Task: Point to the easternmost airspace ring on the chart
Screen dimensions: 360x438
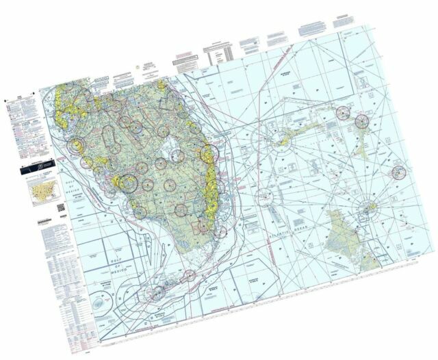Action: pyautogui.click(x=398, y=172)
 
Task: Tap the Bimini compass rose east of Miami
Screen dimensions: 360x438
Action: pyautogui.click(x=264, y=199)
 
